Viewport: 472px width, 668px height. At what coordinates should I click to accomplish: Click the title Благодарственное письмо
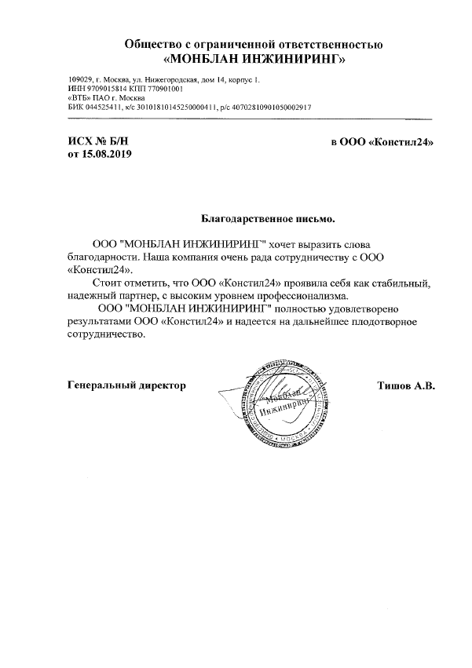[x=269, y=213]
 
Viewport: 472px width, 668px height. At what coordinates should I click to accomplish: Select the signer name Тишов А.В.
[x=407, y=385]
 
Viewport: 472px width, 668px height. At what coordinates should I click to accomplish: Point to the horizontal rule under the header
[x=251, y=118]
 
